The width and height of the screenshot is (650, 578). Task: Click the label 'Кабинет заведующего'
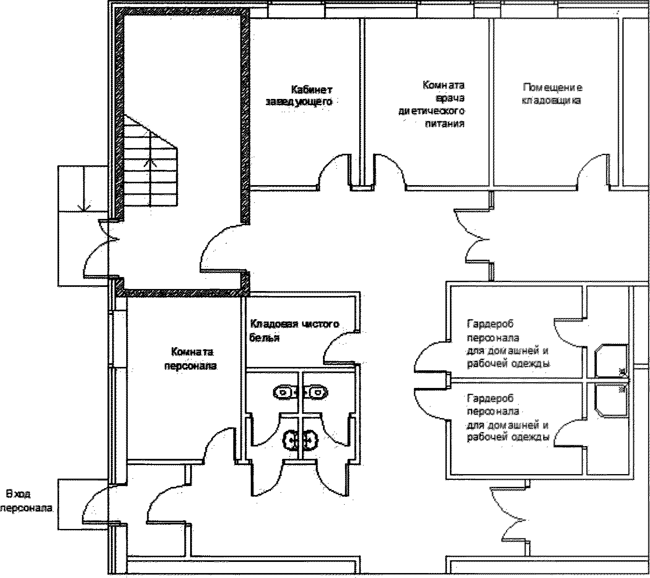300,96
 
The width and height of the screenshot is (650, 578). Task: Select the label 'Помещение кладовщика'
552,94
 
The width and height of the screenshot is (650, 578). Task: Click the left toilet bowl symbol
284,392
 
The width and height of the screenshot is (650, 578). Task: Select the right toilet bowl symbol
317,392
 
